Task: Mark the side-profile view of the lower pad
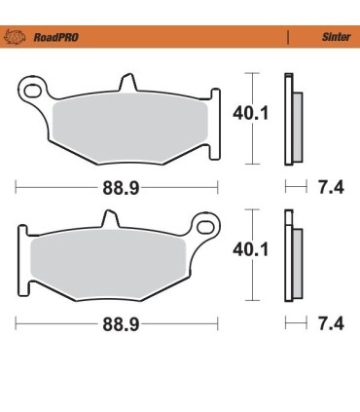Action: click(x=291, y=255)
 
